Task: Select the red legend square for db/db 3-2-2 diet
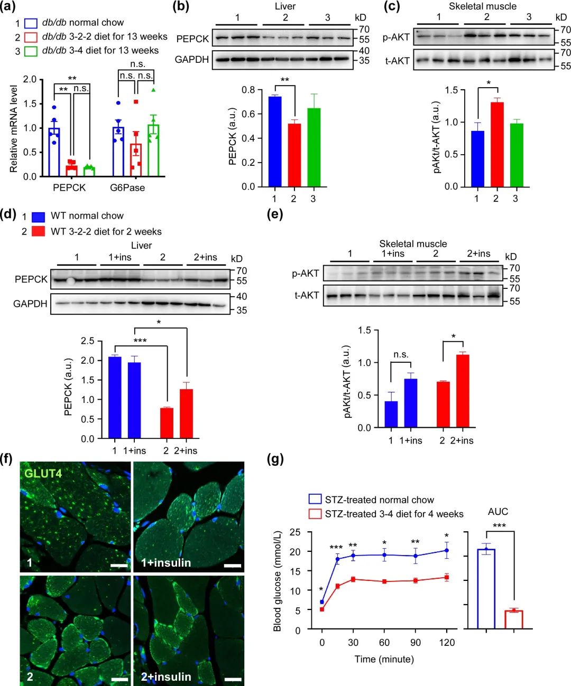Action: tap(31, 37)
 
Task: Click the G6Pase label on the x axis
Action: tap(127, 187)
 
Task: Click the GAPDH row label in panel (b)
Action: tap(192, 60)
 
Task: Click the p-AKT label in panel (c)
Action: tap(396, 37)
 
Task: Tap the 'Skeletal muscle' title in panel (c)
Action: tap(483, 6)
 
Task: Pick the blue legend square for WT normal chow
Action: tap(38, 217)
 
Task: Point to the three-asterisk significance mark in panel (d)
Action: tap(140, 341)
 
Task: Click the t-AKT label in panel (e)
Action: tap(307, 295)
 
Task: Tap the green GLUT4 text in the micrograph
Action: tap(43, 473)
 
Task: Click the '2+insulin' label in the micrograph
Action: tap(166, 676)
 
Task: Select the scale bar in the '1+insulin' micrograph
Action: tap(233, 566)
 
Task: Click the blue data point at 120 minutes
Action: tap(447, 551)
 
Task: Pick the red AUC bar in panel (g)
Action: tap(513, 619)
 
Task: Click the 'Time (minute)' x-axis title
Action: tap(384, 659)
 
